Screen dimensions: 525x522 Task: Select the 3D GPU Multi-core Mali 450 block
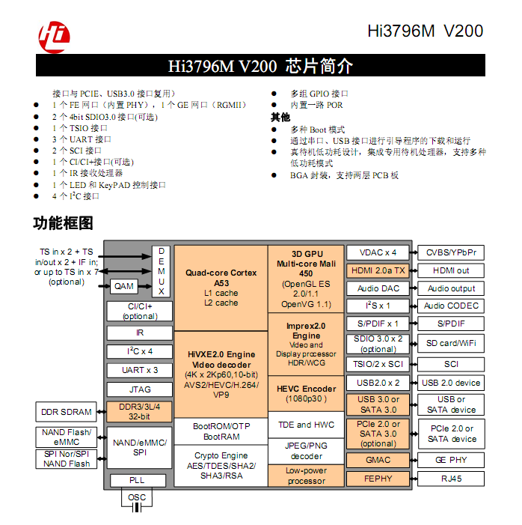(306, 278)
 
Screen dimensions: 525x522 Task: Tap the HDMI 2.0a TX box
(378, 270)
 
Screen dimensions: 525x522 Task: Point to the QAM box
(123, 286)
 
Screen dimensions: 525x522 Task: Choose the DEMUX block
(161, 270)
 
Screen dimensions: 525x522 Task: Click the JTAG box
(140, 389)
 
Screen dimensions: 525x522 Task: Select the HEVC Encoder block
(306, 394)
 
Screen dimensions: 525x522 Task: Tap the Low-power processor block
(306, 476)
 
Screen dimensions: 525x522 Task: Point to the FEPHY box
(378, 478)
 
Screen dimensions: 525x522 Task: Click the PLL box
(138, 480)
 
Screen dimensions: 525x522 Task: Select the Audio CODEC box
(451, 306)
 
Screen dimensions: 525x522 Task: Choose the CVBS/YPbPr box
(451, 252)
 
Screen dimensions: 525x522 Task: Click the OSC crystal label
(137, 497)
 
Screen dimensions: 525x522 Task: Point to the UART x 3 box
(140, 370)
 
